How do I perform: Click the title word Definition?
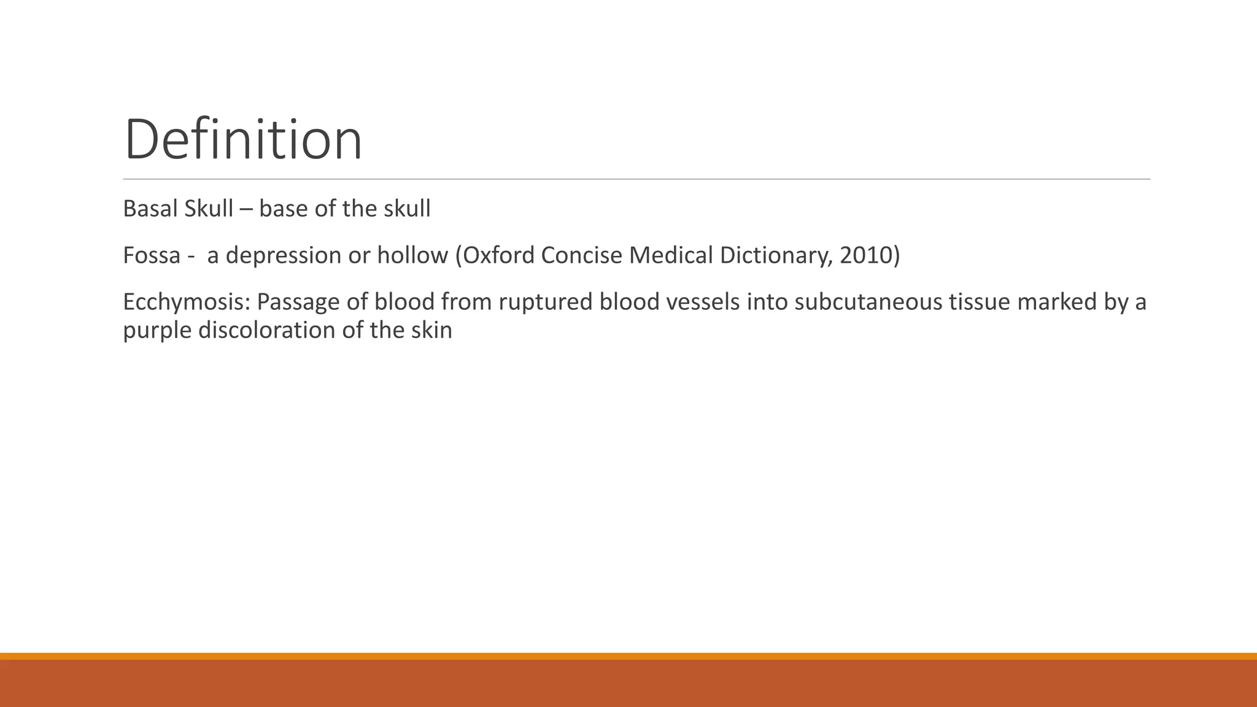point(243,140)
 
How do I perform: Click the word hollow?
point(412,255)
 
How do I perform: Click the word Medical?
point(662,255)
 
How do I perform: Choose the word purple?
point(157,331)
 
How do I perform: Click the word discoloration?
point(267,330)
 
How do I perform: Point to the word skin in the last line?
point(433,330)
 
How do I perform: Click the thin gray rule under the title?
point(636,179)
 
